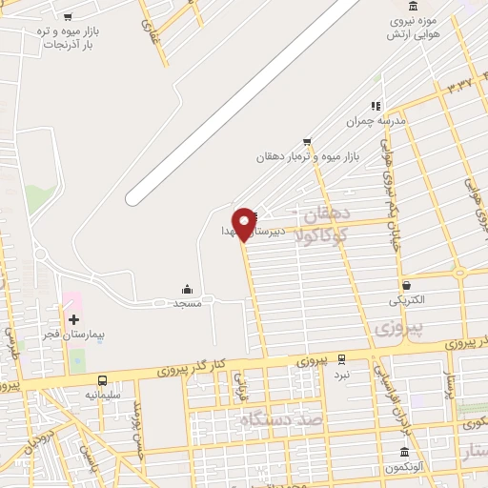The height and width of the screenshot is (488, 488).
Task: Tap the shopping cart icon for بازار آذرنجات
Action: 67,16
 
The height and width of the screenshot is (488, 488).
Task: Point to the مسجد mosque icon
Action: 187,289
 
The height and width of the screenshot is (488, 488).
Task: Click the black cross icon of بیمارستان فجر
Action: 73,318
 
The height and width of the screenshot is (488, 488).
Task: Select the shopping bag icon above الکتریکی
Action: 407,285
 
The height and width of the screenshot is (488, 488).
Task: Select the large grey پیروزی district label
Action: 397,329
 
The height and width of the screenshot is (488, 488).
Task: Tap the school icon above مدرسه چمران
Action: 376,106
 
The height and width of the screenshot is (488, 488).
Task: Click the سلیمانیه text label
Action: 103,393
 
